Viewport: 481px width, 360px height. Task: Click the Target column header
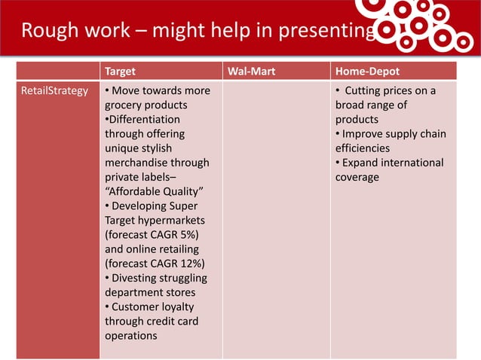pos(120,72)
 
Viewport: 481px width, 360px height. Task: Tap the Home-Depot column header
pos(368,72)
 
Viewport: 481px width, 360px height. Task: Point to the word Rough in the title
pos(47,31)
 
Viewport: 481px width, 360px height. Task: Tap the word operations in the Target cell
pos(130,335)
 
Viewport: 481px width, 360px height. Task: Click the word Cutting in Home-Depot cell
pos(366,91)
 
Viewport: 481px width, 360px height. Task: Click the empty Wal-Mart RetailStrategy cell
pos(275,218)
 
